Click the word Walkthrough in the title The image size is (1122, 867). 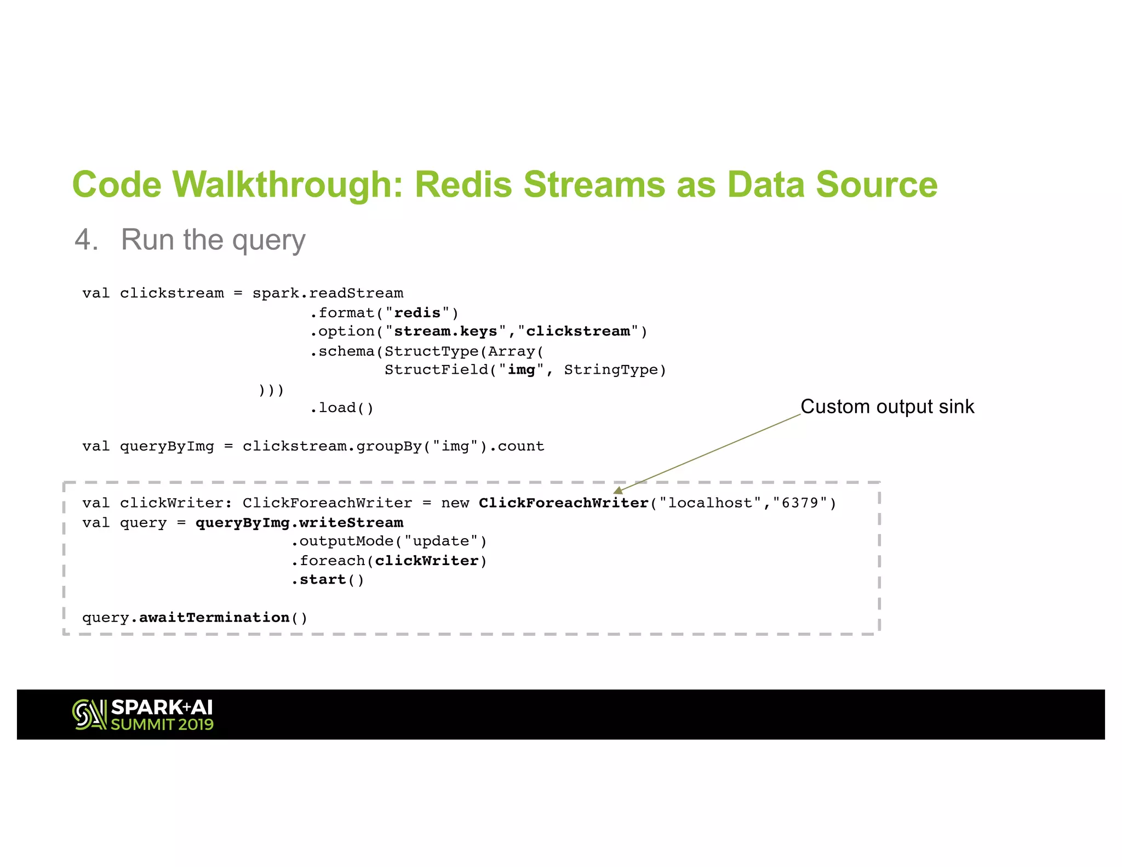click(288, 185)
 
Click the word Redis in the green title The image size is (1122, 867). click(463, 185)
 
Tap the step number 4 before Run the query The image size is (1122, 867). click(86, 240)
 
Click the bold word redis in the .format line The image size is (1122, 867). click(417, 313)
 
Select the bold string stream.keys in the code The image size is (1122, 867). click(445, 332)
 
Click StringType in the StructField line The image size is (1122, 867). click(611, 370)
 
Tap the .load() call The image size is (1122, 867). click(342, 408)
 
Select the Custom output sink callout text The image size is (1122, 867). click(887, 407)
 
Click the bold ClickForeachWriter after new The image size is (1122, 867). click(563, 503)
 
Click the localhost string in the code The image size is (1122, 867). click(710, 503)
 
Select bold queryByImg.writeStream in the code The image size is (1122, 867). click(299, 523)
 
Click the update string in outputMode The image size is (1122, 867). click(440, 541)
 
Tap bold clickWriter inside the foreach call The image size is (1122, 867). click(426, 561)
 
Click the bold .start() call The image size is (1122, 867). click(327, 580)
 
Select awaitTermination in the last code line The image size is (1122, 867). click(214, 618)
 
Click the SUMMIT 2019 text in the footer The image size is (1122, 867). click(162, 725)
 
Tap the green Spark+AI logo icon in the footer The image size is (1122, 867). click(89, 715)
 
